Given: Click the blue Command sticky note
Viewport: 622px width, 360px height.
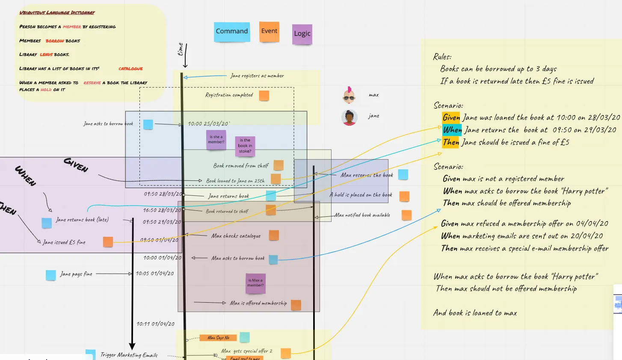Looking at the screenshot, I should coord(232,32).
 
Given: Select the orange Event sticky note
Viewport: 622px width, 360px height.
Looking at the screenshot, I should coord(270,32).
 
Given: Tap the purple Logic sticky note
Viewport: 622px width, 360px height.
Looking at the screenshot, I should coord(302,34).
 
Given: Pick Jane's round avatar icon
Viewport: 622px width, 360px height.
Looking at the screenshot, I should coord(350,117).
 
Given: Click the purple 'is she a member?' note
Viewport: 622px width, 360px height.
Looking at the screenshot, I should coord(216,139).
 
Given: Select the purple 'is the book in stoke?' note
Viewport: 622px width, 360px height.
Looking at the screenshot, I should coord(245,146).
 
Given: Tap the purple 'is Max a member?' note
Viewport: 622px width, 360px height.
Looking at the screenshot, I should coord(255,283).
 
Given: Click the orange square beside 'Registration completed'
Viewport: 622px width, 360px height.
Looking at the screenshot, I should coord(264,95).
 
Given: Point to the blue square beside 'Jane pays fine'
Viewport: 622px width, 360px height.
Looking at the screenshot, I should coord(51,275).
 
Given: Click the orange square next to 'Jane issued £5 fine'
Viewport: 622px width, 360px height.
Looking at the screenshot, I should coord(108,242).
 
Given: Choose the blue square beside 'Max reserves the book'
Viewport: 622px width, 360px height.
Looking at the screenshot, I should coord(403,174).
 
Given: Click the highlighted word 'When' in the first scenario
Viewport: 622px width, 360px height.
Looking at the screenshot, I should coord(452,130).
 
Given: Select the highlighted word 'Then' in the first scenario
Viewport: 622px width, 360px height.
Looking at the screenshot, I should coord(451,142).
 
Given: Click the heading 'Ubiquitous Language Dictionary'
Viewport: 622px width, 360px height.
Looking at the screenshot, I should coord(57,13).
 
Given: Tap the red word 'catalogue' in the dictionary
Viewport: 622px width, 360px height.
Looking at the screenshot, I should coord(130,69).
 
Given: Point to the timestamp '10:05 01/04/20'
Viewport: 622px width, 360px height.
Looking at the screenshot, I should coord(155,274).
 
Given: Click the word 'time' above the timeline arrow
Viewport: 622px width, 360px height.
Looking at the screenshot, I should coord(181,49).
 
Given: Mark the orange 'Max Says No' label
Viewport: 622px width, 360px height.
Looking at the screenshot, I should coord(218,338).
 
